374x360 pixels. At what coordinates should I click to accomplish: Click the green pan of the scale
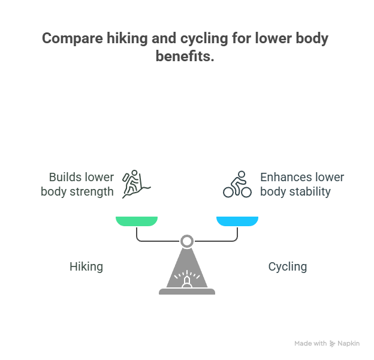pos(137,221)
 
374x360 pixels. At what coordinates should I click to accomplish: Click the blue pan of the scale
pos(237,221)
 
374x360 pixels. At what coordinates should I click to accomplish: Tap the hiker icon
pos(136,184)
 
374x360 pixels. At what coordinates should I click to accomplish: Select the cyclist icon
pos(237,184)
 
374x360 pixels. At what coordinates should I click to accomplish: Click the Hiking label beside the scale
pos(86,266)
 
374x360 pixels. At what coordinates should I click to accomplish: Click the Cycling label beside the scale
pos(288,266)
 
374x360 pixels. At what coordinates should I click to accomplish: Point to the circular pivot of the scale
pos(187,241)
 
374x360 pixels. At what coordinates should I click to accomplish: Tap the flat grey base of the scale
pos(187,291)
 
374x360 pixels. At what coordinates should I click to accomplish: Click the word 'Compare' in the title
pos(73,38)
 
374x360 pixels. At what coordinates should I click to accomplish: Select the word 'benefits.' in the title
pos(185,56)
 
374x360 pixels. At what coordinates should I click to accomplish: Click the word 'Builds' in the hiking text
pos(62,177)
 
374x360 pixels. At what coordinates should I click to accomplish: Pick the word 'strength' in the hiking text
pos(92,191)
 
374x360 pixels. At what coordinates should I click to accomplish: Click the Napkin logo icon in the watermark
pos(332,344)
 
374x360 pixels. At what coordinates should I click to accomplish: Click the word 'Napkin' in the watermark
pos(348,344)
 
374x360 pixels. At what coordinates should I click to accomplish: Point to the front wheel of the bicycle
pos(246,192)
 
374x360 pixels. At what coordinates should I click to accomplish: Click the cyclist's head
pos(242,174)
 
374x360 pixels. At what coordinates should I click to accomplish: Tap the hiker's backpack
pos(126,178)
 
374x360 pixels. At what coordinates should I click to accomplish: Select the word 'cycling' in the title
pos(204,38)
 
